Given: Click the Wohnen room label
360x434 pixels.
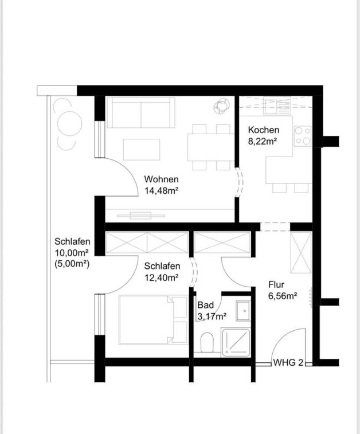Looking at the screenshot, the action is pos(161,179).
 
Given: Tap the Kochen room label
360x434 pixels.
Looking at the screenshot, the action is pos(264,130).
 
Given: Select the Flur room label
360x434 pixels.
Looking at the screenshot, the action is pos(276,284).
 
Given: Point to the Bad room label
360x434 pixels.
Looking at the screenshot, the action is pos(206,305).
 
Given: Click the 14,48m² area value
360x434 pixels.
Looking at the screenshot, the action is pos(161,191).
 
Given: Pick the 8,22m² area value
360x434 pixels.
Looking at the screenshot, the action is pos(263,142).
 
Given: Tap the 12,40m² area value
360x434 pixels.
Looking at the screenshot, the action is pos(161,277).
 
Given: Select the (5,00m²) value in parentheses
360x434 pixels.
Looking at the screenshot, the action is pos(72,264).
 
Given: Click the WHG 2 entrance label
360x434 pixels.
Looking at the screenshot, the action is pos(288,362).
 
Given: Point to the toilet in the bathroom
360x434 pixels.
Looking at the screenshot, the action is pos(207,342).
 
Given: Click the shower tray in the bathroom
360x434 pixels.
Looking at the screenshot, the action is pos(236,342).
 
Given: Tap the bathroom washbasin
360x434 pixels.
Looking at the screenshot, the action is pos(243,311).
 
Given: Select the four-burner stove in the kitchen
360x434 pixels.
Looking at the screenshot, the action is pos(303,136).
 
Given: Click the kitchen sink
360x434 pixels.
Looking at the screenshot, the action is pos(277,105).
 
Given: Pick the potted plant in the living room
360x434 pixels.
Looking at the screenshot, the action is pos(222,106).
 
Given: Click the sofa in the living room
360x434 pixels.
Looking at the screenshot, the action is pos(141,112).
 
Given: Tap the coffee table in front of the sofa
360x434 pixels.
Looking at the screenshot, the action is pos(142,150).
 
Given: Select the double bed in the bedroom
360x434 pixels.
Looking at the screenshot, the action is pos(153,319).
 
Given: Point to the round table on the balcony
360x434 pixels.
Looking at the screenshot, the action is pos(70,124).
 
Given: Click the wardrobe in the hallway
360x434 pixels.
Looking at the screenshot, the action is pos(301,253).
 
